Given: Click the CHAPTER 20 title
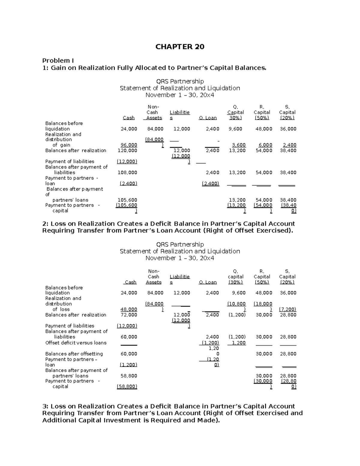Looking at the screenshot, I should [180, 47].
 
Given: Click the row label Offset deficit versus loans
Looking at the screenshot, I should [76, 343].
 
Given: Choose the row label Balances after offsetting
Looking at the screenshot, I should [74, 354].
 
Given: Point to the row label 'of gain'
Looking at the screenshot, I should [61, 145].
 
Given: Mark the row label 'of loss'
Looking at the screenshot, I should [61, 309].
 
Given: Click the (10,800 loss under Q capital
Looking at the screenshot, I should [236, 304].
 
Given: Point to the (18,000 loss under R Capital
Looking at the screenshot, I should [263, 304].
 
